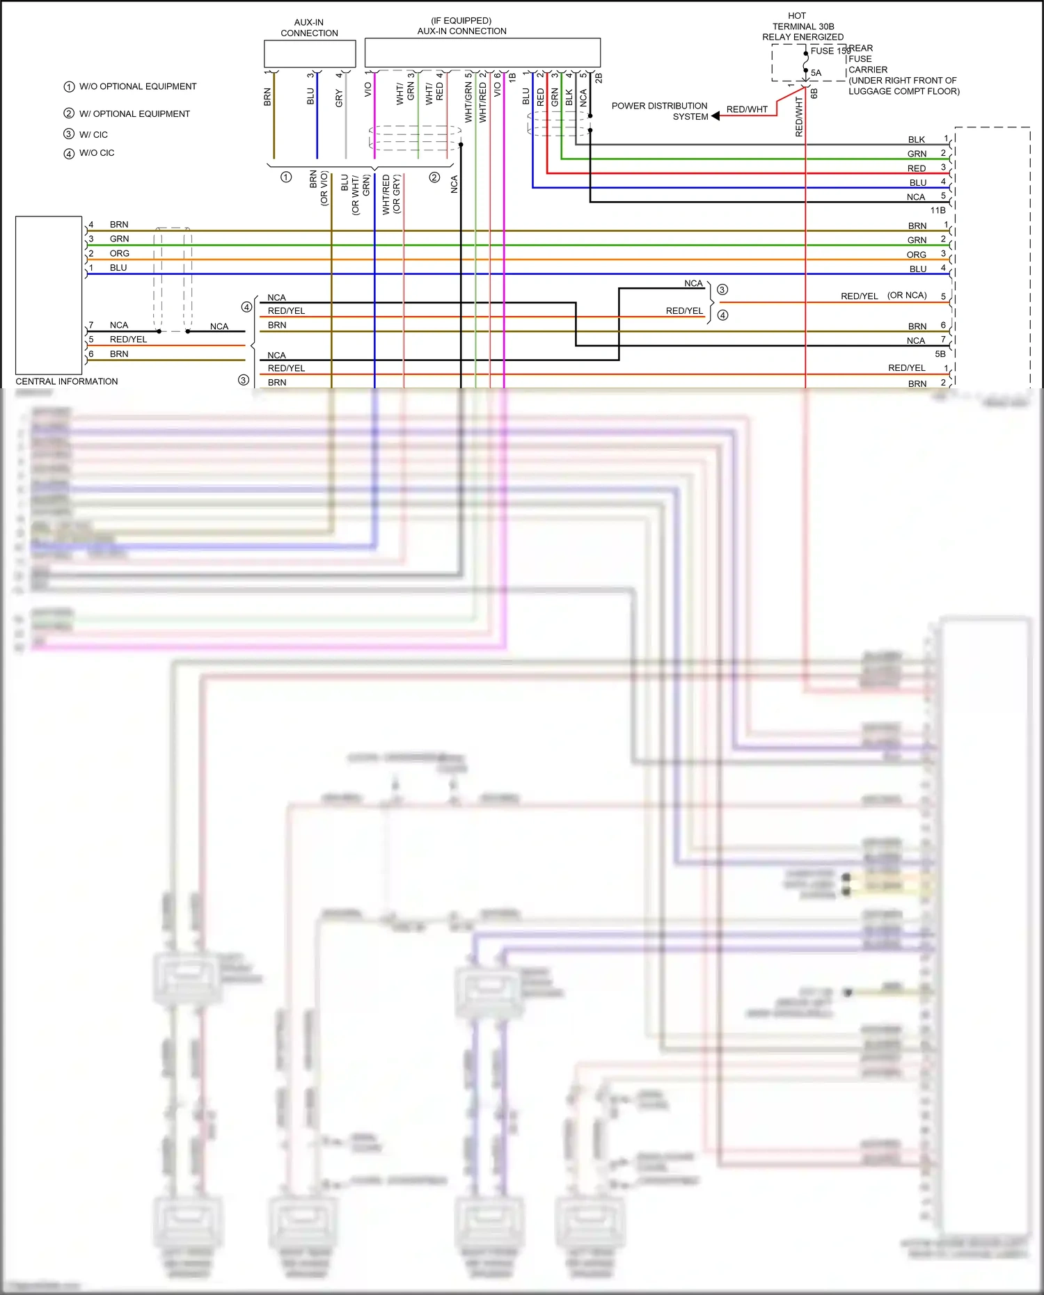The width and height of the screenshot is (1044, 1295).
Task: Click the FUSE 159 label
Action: coord(829,51)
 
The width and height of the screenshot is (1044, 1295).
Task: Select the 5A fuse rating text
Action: coord(816,73)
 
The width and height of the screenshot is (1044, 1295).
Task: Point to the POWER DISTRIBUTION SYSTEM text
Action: coord(659,111)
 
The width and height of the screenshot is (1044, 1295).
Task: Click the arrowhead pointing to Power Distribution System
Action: coord(715,116)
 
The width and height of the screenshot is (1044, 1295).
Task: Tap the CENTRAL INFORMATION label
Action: coord(67,381)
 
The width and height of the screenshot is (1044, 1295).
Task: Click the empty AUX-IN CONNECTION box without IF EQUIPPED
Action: coord(310,54)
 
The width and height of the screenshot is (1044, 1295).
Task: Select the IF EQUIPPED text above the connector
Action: coord(461,21)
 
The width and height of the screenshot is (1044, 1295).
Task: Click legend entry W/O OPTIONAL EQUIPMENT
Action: coord(137,86)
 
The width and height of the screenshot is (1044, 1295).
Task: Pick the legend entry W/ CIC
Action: coord(93,134)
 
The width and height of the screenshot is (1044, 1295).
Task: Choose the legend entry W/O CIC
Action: coord(96,153)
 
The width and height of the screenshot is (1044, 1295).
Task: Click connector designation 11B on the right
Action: coord(938,210)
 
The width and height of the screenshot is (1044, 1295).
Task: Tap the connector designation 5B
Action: coord(940,354)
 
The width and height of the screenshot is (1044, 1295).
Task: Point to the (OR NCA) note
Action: coord(907,295)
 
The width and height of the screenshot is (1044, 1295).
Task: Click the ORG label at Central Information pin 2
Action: coord(119,253)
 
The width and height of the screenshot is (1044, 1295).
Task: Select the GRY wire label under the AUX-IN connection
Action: coord(339,97)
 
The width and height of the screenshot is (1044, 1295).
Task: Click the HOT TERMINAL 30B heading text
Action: coord(802,26)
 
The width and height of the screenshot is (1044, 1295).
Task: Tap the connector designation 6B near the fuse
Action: coord(814,93)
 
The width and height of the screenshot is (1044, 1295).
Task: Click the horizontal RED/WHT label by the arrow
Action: coord(747,109)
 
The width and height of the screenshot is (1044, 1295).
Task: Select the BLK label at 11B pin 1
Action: coord(916,140)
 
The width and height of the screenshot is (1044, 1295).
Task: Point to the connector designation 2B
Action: coord(598,78)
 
